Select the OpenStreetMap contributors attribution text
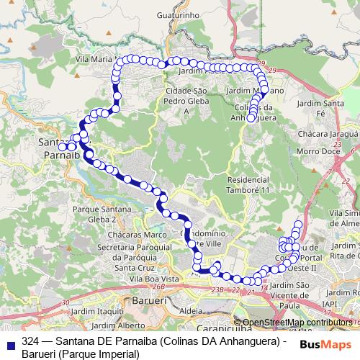pos(297,322)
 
